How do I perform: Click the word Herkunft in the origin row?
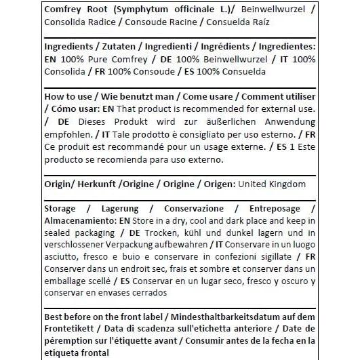click(94, 184)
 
